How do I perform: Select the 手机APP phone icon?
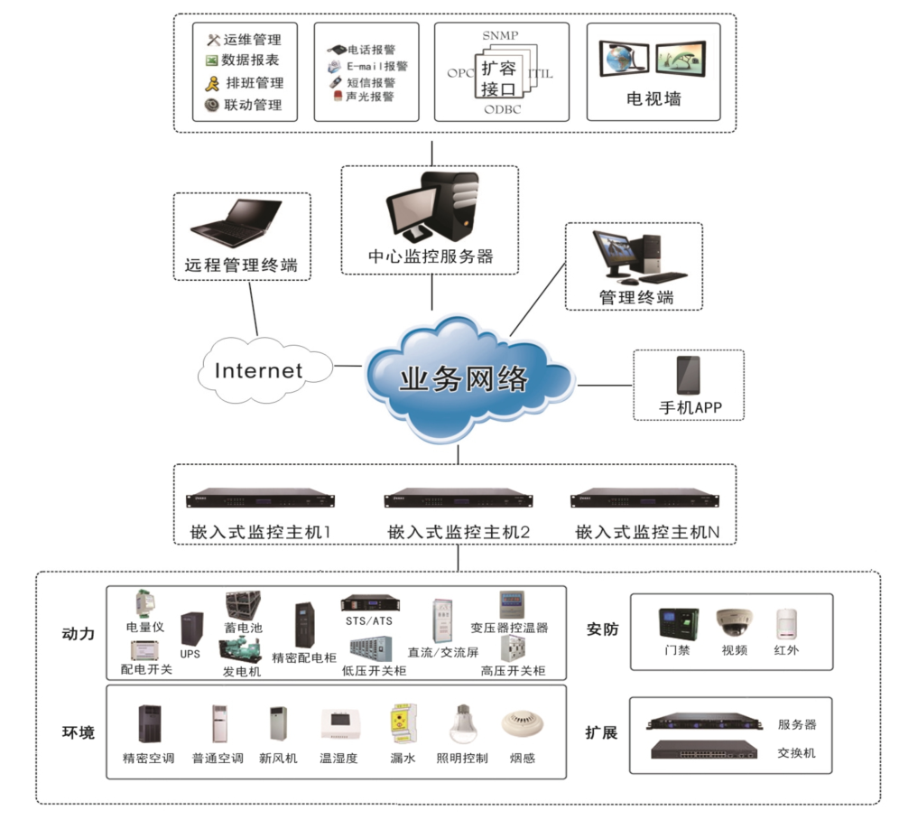click(x=688, y=375)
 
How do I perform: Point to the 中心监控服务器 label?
click(x=431, y=256)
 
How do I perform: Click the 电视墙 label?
click(x=653, y=98)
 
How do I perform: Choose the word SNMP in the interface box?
click(x=501, y=35)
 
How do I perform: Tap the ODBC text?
click(x=502, y=110)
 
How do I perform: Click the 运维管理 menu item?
click(x=252, y=40)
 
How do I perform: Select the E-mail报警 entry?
click(x=377, y=66)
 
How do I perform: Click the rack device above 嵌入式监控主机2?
click(x=458, y=499)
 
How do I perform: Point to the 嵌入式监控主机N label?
click(x=647, y=533)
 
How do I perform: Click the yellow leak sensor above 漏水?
click(x=403, y=723)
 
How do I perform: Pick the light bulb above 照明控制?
click(x=462, y=723)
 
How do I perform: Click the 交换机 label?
click(x=796, y=751)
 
